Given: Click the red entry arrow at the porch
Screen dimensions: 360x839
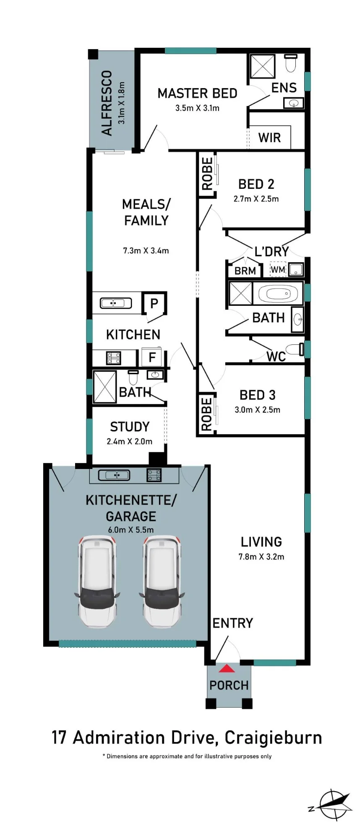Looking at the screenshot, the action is [x=227, y=668].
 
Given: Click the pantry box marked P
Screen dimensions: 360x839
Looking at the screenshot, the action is [x=154, y=303].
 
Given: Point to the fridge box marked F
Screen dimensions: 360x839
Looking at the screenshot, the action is [x=152, y=357].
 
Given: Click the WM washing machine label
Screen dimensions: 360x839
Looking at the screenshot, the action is [x=277, y=270].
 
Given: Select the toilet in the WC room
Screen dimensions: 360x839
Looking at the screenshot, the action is [x=295, y=349].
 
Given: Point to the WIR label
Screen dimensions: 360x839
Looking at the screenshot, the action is [x=269, y=138].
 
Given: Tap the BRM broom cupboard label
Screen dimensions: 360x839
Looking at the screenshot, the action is [x=245, y=271].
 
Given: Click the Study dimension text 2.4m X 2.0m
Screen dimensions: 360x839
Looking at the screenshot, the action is [x=130, y=441].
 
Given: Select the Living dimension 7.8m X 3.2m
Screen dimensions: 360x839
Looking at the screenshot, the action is [x=261, y=557].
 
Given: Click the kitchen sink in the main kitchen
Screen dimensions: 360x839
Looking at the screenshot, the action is [x=116, y=303].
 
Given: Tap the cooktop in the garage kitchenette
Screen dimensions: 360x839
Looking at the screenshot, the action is [x=154, y=475].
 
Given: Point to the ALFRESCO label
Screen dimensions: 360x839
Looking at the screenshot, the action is [x=107, y=103].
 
